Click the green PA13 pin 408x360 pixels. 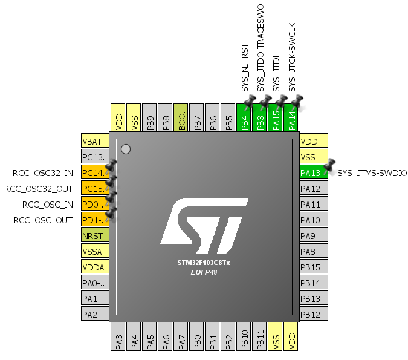pos(314,172)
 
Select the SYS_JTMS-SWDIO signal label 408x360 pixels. pos(372,173)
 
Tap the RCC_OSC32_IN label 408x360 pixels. pos(43,173)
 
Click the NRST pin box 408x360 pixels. pos(95,235)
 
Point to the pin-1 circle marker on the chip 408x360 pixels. pos(126,149)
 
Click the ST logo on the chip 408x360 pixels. pos(204,226)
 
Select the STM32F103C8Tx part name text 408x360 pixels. pos(204,263)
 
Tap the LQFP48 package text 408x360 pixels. pos(204,272)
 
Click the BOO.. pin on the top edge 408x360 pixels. pos(181,117)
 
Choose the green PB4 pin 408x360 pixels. pos(244,117)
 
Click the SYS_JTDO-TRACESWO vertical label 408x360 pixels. pos(261,48)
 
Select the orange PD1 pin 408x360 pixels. pos(95,220)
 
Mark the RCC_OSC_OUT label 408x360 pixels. pos(43,220)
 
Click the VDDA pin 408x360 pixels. pos(95,267)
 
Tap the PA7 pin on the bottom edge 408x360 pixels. pos(181,336)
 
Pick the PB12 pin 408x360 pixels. pos(314,314)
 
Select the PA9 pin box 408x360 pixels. pos(314,235)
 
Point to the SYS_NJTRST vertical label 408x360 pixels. pos(245,68)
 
